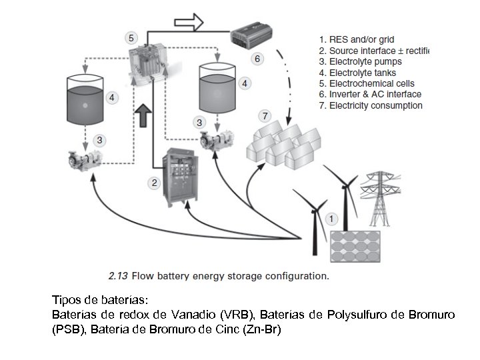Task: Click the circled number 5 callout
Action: coord(131,37)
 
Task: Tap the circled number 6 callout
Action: coord(258,58)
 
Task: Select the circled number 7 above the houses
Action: coord(265,117)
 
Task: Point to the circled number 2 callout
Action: coord(155,182)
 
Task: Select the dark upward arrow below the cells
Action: coord(143,115)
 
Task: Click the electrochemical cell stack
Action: coord(151,63)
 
